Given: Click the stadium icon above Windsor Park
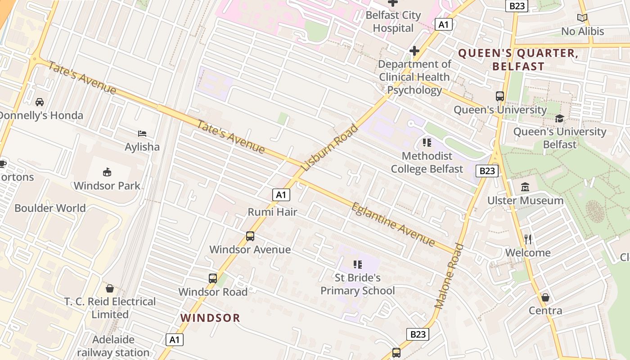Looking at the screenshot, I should [107, 172].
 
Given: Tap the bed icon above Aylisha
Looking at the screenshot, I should [142, 133].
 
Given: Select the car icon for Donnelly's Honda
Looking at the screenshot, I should [40, 102].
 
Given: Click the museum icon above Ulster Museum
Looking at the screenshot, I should [525, 187].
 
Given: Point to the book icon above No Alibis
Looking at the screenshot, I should [582, 18].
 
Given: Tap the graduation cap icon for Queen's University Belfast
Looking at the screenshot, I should [559, 118].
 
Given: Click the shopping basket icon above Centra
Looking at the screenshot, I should [545, 297].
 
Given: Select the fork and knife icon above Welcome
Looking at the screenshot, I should [528, 239].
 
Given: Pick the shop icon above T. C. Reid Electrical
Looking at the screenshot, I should [110, 288].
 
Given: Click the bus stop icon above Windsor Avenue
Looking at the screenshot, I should [250, 236].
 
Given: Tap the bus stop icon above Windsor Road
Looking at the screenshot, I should [213, 279].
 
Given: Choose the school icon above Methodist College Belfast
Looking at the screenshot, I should [427, 143].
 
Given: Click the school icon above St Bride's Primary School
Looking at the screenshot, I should [358, 264].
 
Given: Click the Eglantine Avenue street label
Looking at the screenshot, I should [393, 224].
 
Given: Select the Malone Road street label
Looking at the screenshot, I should [449, 275].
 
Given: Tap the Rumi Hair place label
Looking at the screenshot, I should [273, 212].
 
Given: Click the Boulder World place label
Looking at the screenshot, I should [50, 208].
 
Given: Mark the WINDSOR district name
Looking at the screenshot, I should [210, 318].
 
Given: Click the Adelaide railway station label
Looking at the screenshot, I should [113, 346].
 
